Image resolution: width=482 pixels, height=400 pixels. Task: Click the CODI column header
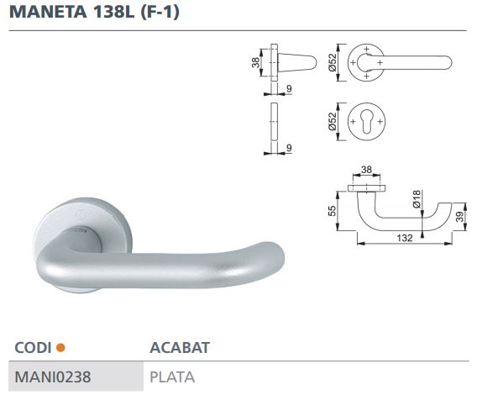click(x=33, y=346)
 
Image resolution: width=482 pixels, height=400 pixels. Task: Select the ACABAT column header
click(x=179, y=346)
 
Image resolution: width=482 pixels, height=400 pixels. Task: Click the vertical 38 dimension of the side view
click(x=256, y=61)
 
